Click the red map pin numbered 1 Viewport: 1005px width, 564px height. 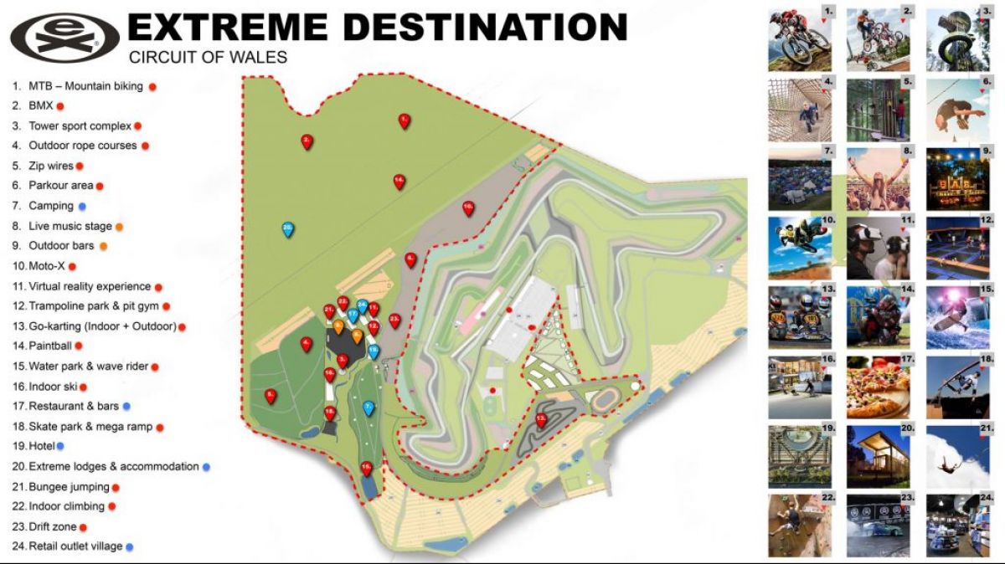coord(404,120)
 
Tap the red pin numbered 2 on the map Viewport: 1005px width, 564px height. coord(307,141)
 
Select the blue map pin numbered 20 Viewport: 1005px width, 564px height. coord(287,228)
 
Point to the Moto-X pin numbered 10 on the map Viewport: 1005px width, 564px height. coord(468,208)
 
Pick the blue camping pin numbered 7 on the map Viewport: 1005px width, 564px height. coord(368,408)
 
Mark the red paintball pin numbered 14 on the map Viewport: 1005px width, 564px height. coord(399,182)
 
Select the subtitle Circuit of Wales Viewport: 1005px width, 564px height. coord(208,58)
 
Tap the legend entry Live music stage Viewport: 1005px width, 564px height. coord(70,226)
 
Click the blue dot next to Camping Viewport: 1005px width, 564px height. coord(82,206)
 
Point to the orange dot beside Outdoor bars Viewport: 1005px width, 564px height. coord(103,246)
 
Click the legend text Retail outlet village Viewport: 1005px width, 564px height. coord(75,546)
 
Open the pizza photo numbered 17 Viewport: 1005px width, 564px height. coord(879,387)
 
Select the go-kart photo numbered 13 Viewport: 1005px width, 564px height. coord(800,317)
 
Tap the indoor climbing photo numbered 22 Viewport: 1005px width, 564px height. coord(800,526)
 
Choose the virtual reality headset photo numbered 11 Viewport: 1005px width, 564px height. coord(879,249)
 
